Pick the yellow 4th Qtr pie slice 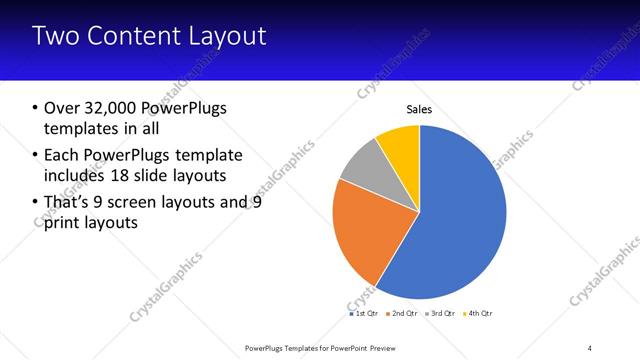coord(401,145)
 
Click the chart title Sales coord(419,109)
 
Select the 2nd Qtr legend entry coord(402,313)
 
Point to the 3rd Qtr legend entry coord(441,313)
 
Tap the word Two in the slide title coord(56,36)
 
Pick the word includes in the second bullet coord(79,177)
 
